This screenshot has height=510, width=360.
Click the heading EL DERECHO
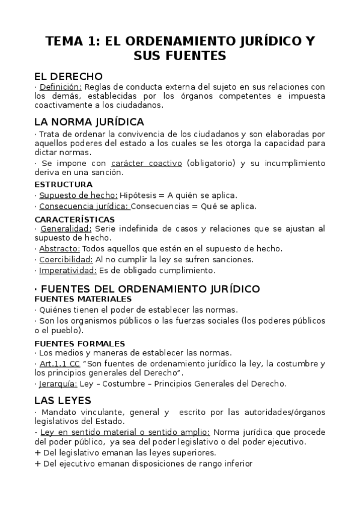tap(69, 76)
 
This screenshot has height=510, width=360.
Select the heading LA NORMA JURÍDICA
tap(89, 121)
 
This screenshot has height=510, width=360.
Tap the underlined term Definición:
tap(61, 87)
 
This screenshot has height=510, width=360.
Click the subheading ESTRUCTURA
tap(63, 185)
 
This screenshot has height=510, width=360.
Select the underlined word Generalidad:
tap(66, 229)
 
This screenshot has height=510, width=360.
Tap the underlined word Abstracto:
tap(59, 248)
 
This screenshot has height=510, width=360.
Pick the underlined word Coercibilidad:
tap(66, 260)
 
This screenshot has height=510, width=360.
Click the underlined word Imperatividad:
tap(66, 271)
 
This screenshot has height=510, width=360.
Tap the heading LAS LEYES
tap(63, 401)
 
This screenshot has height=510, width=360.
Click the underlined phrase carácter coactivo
tap(146, 163)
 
